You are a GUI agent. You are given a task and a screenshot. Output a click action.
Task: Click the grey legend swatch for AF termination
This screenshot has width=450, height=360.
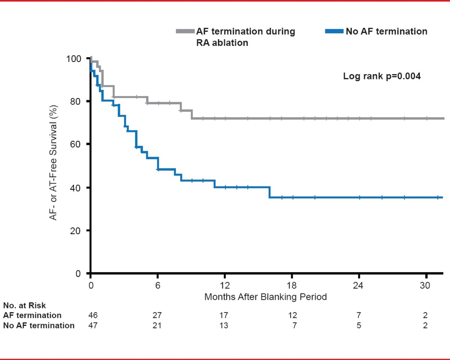click(x=185, y=32)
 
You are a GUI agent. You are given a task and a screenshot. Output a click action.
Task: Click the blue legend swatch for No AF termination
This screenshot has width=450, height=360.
click(x=334, y=32)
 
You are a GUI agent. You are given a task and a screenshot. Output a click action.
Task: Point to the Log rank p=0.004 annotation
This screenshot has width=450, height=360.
click(x=382, y=76)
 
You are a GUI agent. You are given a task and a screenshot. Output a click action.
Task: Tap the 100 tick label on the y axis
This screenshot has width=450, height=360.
click(x=73, y=58)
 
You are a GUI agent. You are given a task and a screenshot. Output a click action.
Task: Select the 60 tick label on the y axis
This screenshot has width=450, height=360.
click(x=75, y=144)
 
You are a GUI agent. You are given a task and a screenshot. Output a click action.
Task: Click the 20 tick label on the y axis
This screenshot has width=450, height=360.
click(x=75, y=231)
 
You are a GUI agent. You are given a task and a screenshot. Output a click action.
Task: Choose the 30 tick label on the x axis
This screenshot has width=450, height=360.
click(x=425, y=285)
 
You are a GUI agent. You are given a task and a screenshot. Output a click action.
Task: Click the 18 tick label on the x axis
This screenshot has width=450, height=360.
click(x=291, y=285)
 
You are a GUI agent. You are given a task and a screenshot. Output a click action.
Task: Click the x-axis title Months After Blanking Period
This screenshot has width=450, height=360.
click(x=265, y=297)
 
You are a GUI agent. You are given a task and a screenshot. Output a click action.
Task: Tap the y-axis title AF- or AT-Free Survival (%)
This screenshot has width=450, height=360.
click(x=53, y=163)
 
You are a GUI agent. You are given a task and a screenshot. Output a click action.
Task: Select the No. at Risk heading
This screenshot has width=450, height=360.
click(x=24, y=306)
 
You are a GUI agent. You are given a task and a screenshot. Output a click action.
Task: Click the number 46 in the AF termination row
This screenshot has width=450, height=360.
click(x=93, y=315)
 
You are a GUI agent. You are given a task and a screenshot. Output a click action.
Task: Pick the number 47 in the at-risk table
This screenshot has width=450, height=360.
click(x=93, y=326)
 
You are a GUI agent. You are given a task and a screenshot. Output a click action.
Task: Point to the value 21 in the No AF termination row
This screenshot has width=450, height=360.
click(x=157, y=326)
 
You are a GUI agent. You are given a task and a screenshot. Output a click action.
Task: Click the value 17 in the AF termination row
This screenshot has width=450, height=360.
click(x=224, y=315)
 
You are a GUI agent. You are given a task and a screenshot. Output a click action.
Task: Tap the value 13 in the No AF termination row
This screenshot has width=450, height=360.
click(x=224, y=326)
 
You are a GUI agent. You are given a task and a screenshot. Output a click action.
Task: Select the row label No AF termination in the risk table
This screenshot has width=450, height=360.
click(x=39, y=326)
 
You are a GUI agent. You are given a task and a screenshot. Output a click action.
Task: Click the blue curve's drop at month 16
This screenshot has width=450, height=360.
click(x=270, y=192)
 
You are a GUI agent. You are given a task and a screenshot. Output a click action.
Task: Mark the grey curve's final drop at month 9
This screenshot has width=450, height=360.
click(x=192, y=114)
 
